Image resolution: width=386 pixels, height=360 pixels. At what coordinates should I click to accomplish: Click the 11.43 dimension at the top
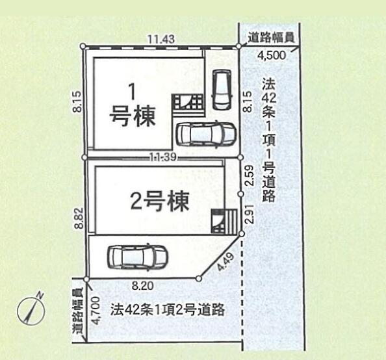click(161, 39)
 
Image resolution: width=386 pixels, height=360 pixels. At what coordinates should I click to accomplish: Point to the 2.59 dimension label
click(249, 175)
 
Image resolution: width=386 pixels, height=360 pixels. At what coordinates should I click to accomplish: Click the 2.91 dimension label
click(250, 214)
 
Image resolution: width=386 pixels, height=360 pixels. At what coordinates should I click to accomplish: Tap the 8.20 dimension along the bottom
click(142, 286)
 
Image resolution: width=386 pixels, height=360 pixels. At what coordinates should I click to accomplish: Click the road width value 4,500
click(272, 55)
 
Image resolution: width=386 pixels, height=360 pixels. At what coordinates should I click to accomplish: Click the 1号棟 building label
click(133, 108)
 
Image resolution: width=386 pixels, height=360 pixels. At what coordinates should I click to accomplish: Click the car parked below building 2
click(137, 257)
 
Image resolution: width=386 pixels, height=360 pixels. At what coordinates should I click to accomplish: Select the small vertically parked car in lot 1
click(222, 90)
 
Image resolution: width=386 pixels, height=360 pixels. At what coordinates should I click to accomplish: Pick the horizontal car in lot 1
click(206, 135)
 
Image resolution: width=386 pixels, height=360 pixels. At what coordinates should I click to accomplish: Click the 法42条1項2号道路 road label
click(168, 310)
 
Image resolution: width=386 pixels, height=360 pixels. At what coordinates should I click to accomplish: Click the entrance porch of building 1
click(188, 103)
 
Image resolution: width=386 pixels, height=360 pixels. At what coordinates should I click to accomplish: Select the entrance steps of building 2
click(224, 221)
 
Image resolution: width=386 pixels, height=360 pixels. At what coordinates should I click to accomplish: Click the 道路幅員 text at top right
click(271, 38)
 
